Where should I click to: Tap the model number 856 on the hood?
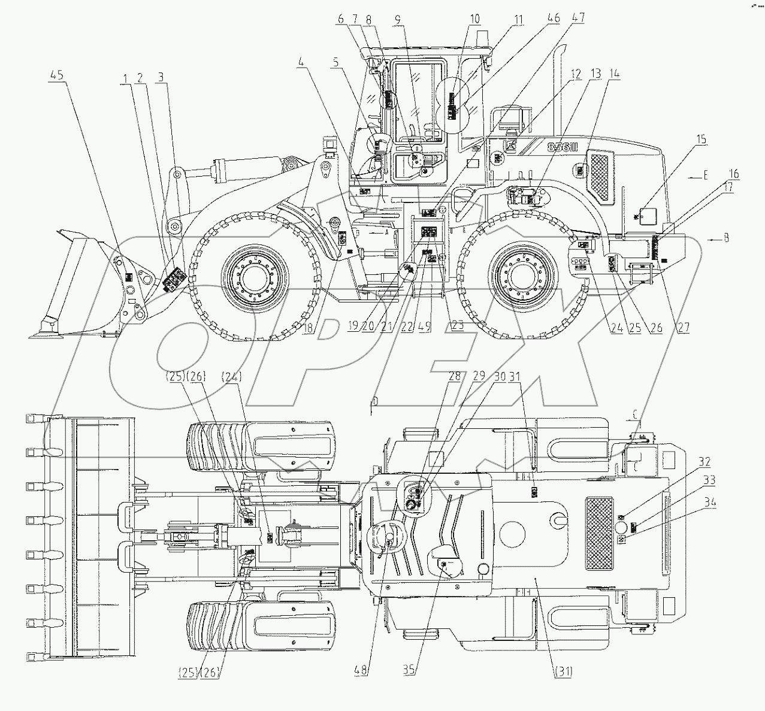point(561,147)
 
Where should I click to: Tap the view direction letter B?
point(726,239)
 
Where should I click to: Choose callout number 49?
point(426,327)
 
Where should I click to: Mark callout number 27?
point(684,327)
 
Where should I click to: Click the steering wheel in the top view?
point(388,532)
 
